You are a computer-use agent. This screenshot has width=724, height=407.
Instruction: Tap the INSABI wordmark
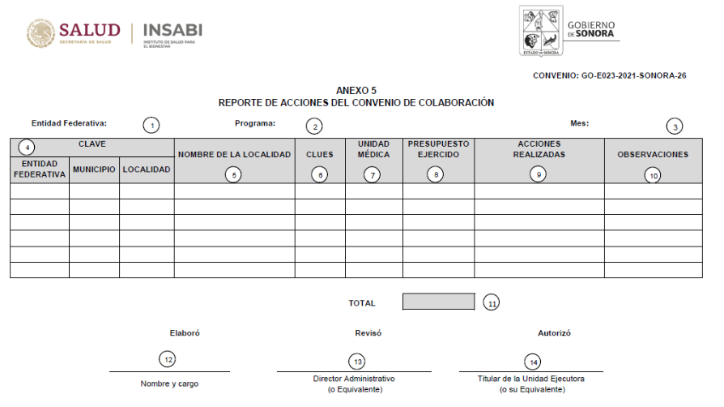[x=172, y=30]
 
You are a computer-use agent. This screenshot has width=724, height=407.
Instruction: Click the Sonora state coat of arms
[x=542, y=31]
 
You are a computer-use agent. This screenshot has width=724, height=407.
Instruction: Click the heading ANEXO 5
[x=356, y=90]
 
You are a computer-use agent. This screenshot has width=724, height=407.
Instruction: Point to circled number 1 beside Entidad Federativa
[x=151, y=126]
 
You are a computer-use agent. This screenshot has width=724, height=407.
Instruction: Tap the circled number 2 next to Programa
[x=313, y=126]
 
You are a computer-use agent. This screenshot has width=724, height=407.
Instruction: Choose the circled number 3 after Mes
[x=674, y=126]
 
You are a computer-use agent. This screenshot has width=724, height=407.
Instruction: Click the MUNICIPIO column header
[x=94, y=169]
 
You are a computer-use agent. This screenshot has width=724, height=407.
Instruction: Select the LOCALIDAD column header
[x=147, y=169]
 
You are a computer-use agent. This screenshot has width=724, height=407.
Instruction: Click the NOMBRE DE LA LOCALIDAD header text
[x=234, y=154]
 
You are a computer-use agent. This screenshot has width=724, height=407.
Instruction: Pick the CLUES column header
[x=320, y=154]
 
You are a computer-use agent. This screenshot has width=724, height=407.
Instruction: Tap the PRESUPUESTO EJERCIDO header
[x=437, y=149]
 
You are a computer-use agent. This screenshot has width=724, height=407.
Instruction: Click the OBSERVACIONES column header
[x=653, y=154]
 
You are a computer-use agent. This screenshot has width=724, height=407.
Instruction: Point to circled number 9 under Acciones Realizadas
[x=538, y=174]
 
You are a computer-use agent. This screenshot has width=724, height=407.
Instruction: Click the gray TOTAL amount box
[x=438, y=302]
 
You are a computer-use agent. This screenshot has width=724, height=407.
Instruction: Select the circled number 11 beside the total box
[x=492, y=302]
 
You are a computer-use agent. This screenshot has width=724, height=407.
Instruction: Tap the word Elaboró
[x=185, y=332]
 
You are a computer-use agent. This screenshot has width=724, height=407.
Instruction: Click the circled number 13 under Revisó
[x=356, y=362]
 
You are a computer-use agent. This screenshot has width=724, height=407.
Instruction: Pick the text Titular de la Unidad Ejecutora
[x=530, y=379]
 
